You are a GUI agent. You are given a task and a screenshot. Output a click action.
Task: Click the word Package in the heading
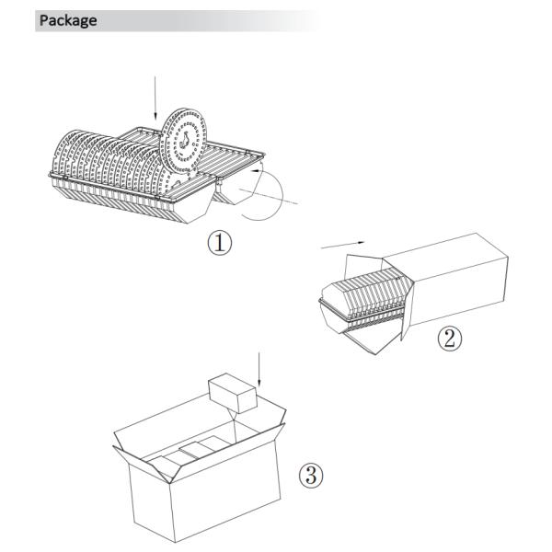pos(68,20)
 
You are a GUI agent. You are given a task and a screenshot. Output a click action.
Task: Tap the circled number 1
pos(219,243)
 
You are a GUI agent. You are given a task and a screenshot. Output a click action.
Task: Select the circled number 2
pos(449,339)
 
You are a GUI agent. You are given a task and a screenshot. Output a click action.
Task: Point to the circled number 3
pos(311,475)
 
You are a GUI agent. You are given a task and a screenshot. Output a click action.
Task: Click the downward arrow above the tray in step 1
pos(155,98)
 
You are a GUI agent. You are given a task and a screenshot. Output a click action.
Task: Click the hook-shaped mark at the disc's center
pos(185,140)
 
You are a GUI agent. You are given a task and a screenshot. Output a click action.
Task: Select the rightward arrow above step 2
pos(343,245)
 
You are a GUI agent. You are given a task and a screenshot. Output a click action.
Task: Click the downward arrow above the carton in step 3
pos(259,369)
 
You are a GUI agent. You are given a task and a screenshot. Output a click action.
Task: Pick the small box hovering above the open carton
pos(233,393)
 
